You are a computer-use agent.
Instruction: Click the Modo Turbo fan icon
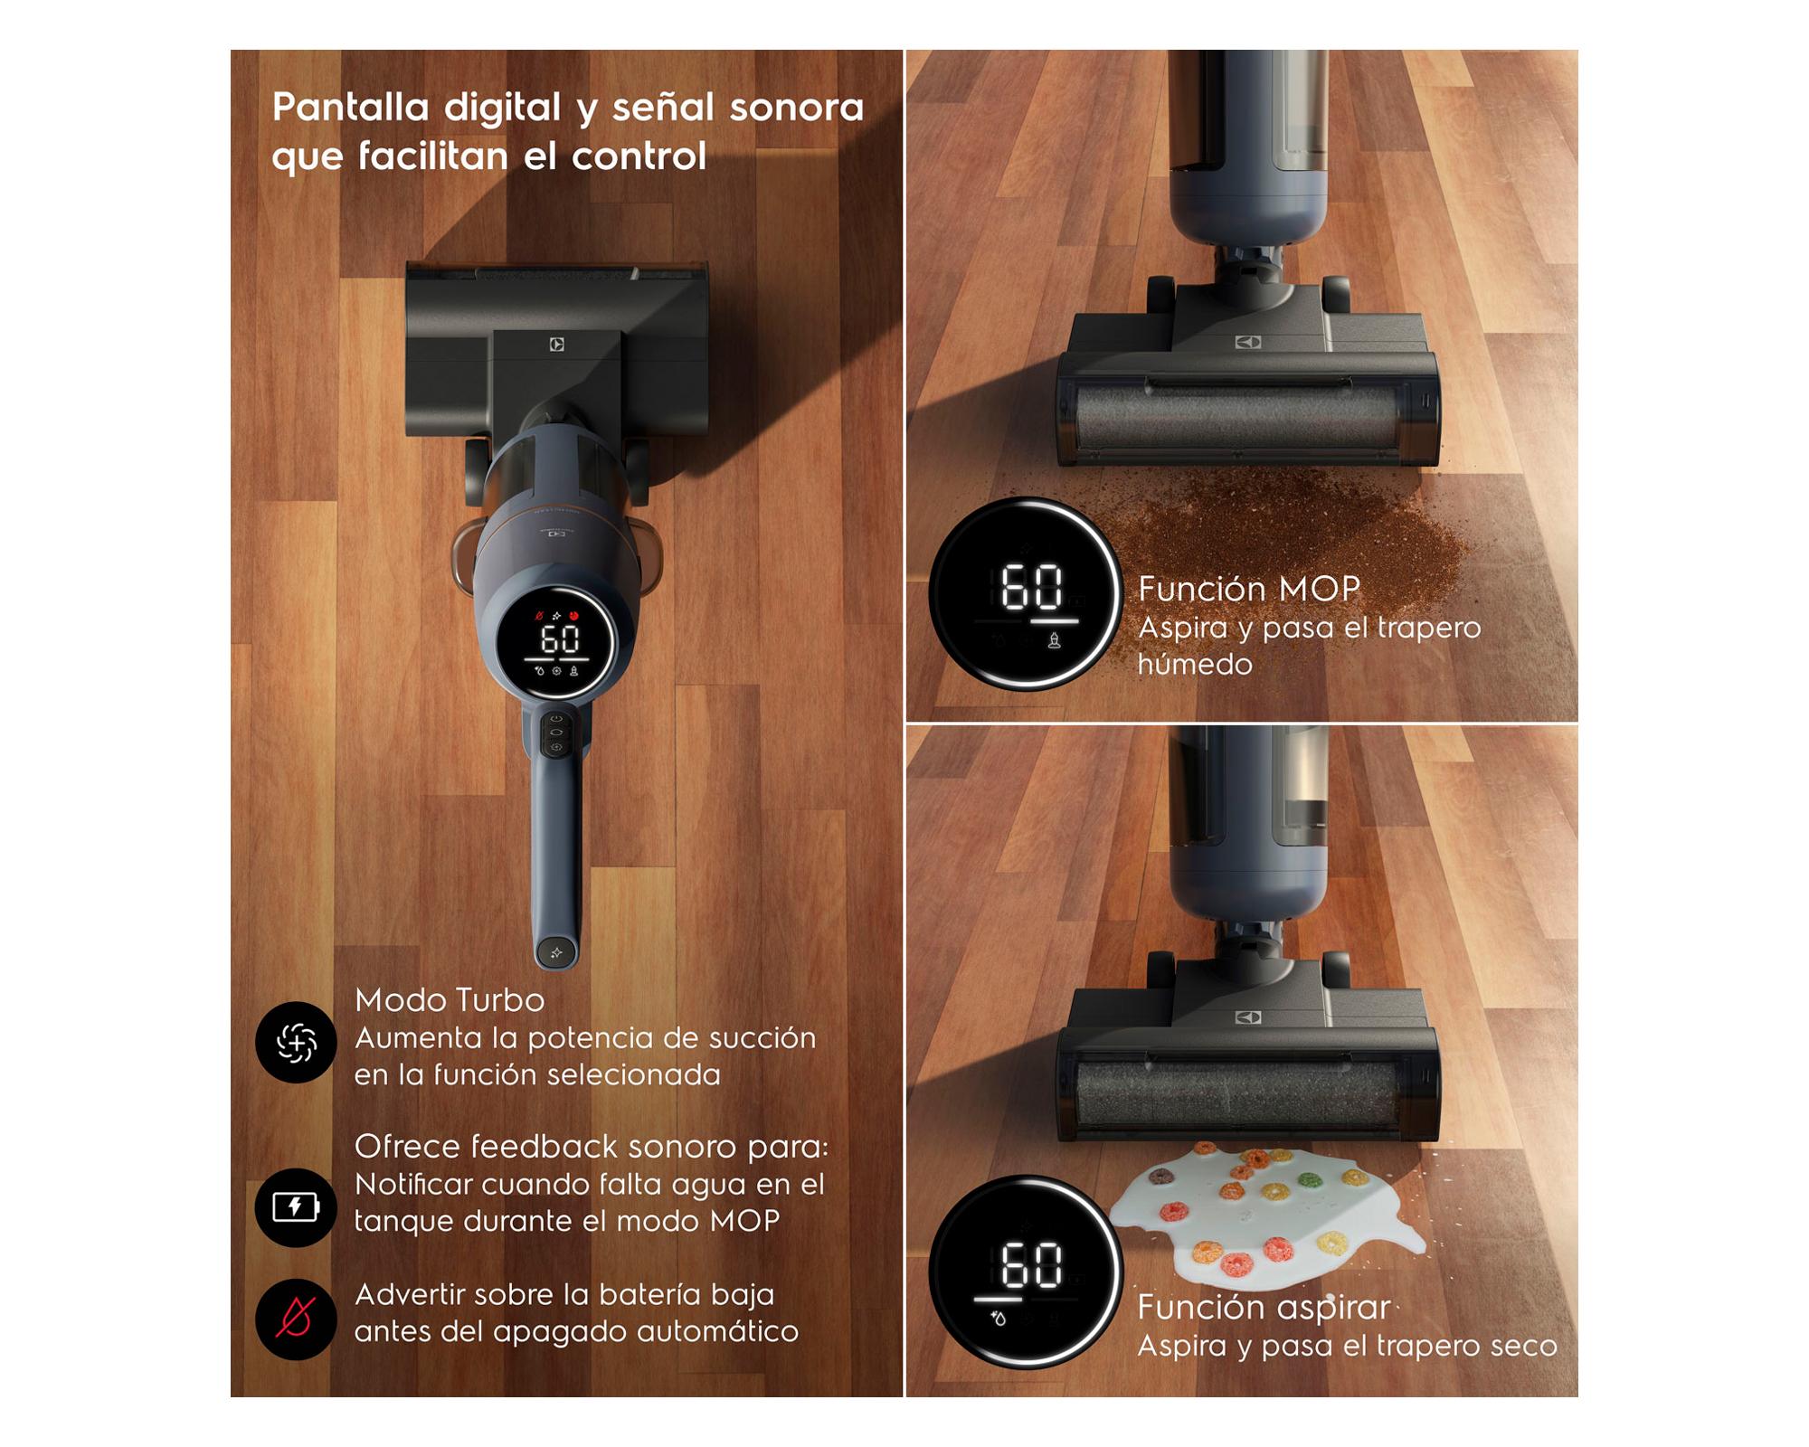[296, 1043]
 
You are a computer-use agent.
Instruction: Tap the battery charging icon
[296, 1206]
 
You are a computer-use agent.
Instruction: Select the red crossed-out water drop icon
[296, 1319]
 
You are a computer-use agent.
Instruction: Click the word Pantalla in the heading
[350, 108]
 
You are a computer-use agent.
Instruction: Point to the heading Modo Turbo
[450, 1000]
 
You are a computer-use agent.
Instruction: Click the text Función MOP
[1248, 589]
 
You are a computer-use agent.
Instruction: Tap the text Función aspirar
[1264, 1308]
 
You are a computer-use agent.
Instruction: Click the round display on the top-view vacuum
[558, 643]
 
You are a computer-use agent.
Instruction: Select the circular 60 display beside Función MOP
[1026, 594]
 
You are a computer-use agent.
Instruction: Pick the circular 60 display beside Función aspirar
[1026, 1271]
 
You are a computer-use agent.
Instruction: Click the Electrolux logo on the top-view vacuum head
[557, 345]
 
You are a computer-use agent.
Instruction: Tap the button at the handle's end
[556, 952]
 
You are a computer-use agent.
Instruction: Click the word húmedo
[1195, 665]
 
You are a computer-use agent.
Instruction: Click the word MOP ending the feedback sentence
[744, 1221]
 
